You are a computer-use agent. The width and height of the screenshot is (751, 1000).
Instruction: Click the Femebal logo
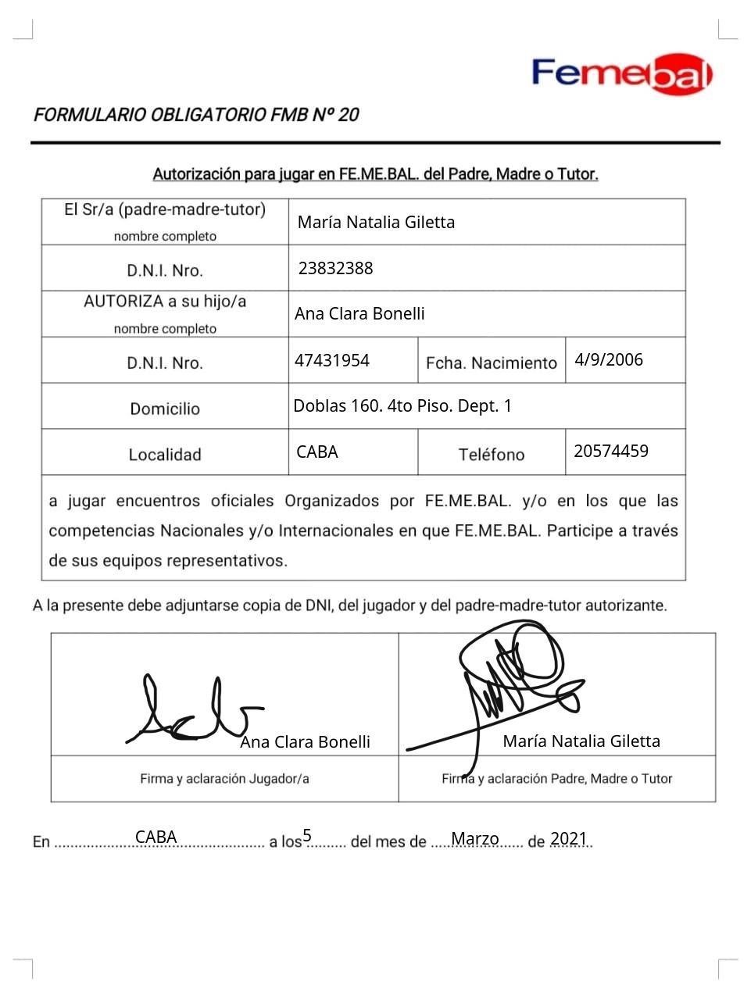pos(622,74)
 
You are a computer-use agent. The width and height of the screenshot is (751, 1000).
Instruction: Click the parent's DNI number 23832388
pos(335,268)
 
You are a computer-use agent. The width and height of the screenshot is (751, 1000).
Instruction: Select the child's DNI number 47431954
pos(331,360)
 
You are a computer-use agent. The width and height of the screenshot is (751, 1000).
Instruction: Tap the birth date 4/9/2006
pos(608,359)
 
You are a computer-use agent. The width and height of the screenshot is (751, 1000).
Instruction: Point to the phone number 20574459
pos(610,451)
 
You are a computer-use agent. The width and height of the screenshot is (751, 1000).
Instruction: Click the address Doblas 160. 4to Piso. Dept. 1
pos(402,405)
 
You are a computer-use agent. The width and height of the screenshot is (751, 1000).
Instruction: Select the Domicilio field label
pos(165,409)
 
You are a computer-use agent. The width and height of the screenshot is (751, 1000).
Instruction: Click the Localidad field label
pos(165,455)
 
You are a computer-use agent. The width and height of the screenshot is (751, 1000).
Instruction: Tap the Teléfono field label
pos(491,455)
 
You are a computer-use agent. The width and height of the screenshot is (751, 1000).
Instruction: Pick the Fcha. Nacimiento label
pos(491,363)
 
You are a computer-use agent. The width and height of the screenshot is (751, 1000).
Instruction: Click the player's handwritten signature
pos(191,711)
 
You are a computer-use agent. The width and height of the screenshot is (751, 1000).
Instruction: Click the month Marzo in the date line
pos(474,838)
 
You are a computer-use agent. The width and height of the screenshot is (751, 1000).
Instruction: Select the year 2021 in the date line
pos(568,838)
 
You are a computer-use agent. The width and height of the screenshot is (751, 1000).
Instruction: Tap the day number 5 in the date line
pos(307,835)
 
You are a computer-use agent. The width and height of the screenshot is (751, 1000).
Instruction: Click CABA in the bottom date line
pos(156,837)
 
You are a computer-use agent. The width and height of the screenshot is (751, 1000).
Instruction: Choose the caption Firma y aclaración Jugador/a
pos(224,778)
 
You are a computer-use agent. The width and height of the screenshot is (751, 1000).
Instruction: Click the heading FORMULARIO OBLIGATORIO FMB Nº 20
pos(196,115)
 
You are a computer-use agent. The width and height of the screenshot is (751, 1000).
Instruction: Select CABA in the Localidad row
pos(316,452)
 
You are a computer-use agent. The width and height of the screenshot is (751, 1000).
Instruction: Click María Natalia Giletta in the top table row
pos(376,222)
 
